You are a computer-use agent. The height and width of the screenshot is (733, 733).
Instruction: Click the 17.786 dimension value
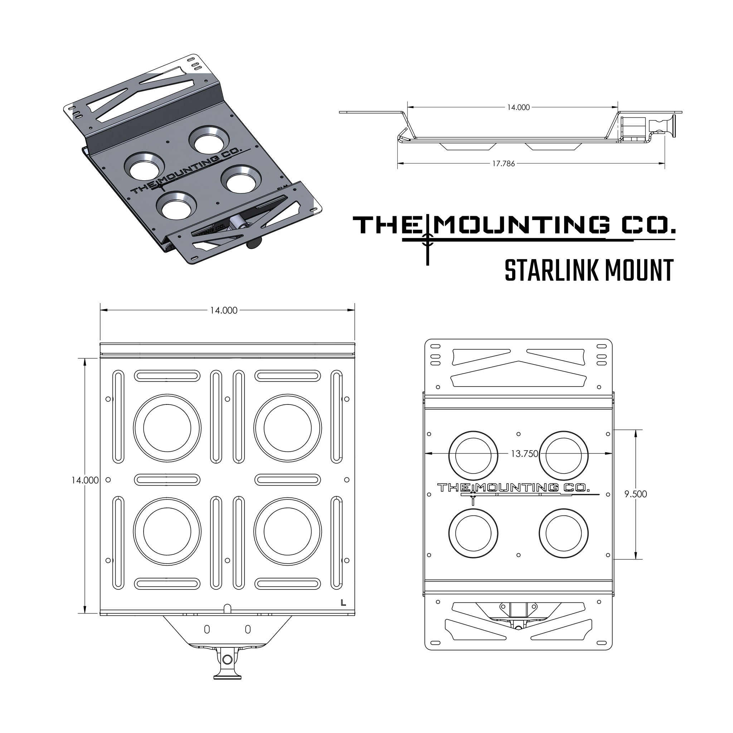pyautogui.click(x=504, y=164)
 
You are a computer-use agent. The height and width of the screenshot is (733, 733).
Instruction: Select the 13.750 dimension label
pyautogui.click(x=524, y=453)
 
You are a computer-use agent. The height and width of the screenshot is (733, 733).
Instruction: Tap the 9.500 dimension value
pyautogui.click(x=636, y=494)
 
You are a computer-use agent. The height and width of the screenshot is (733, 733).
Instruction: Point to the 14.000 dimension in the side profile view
pyautogui.click(x=518, y=107)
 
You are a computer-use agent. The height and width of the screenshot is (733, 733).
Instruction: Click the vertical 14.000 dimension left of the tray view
pyautogui.click(x=85, y=480)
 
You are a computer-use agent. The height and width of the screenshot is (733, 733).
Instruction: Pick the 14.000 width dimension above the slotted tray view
pyautogui.click(x=224, y=310)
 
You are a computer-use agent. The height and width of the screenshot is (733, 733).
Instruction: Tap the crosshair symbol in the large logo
pyautogui.click(x=428, y=239)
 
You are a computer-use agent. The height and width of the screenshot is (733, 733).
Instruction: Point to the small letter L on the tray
pyautogui.click(x=343, y=602)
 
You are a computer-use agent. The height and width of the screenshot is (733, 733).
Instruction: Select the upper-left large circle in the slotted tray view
pyautogui.click(x=167, y=428)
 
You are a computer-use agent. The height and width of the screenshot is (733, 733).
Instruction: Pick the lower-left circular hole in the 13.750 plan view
pyautogui.click(x=473, y=533)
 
